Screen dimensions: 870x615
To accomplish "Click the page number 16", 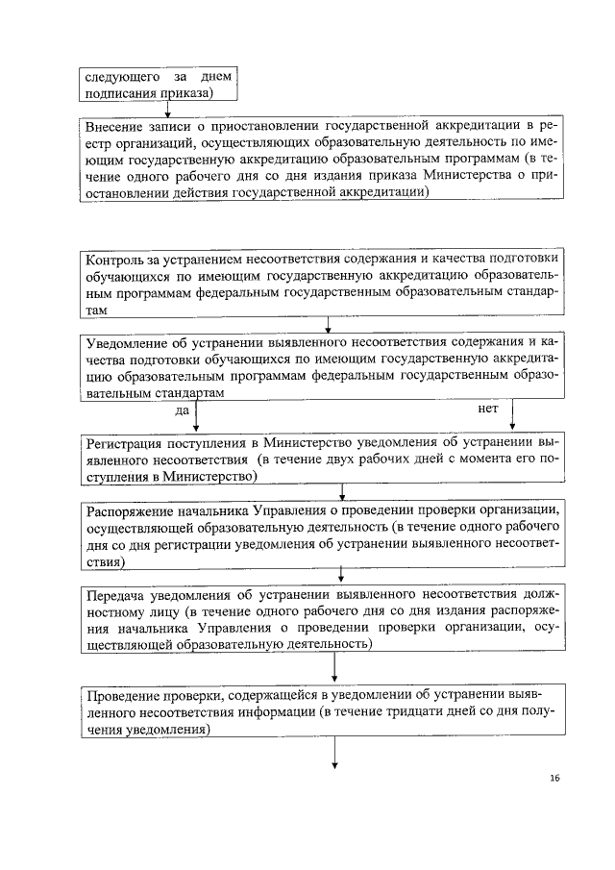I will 555,777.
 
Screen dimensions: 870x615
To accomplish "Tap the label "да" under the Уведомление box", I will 181,410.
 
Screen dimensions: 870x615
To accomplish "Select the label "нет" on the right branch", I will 487,409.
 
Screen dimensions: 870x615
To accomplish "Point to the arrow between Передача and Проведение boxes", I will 334,667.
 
